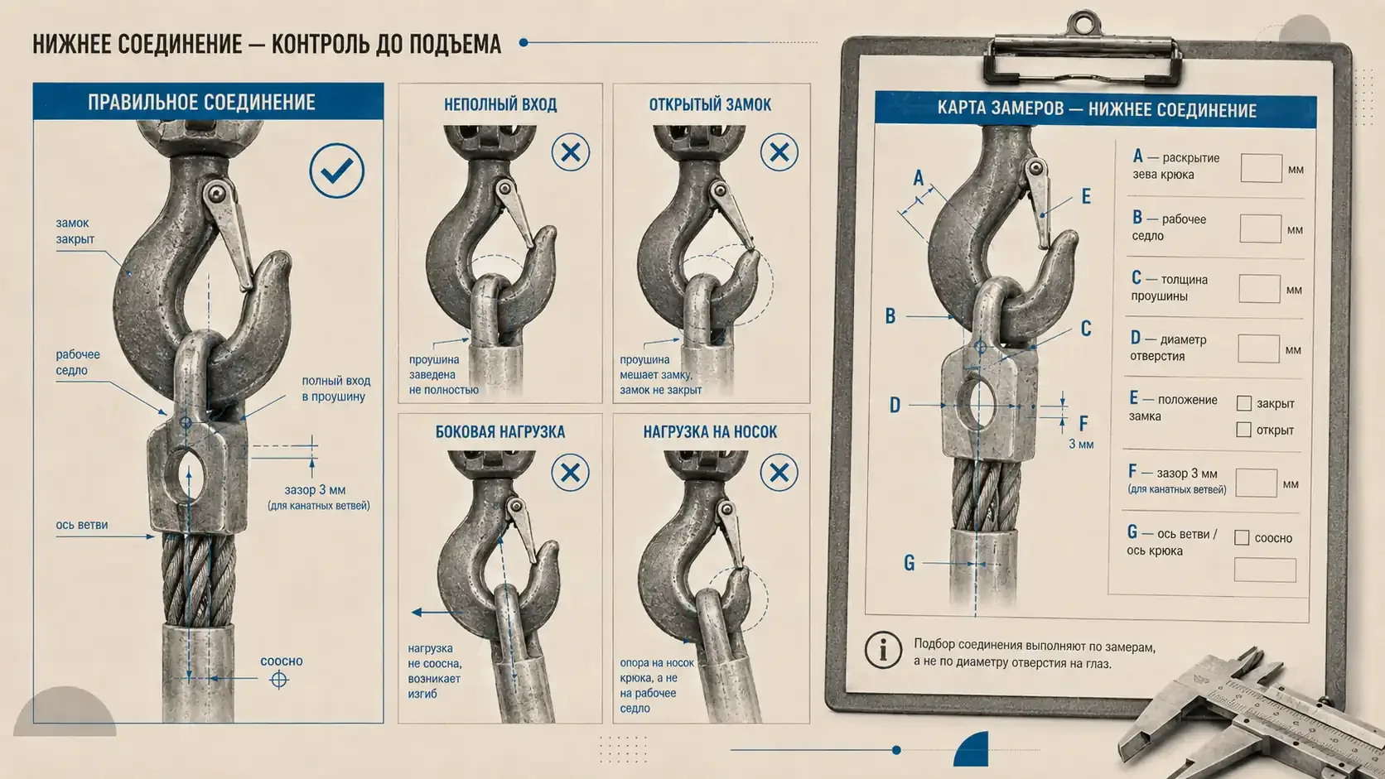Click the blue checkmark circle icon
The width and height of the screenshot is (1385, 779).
pos(337,171)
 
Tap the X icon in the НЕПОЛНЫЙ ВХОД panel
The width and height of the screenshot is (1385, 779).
pos(571,152)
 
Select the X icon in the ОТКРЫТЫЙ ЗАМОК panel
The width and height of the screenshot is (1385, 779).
pos(779,152)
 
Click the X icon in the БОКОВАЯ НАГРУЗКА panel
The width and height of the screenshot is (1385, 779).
pos(570,473)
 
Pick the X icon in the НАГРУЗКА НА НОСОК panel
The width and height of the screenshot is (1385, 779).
pos(779,473)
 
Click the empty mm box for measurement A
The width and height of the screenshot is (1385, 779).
pos(1262,168)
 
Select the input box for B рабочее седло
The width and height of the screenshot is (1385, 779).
pos(1260,228)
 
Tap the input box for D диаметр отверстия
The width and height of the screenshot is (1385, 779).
pos(1258,349)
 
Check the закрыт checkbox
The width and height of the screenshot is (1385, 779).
pos(1244,403)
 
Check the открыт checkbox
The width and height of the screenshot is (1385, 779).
pos(1243,430)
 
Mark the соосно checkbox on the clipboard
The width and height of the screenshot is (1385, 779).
pos(1242,537)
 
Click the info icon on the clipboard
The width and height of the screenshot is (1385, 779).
pos(883,650)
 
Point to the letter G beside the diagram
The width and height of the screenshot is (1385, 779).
pos(909,563)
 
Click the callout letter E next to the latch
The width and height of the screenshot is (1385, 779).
pos(1086,196)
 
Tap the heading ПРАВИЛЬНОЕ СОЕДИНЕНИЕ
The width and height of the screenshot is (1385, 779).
pos(201,102)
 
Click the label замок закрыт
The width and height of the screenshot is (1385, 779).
pos(75,231)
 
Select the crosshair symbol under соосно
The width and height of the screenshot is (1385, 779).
pos(279,680)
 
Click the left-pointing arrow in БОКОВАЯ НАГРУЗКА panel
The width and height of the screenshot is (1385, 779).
pos(437,613)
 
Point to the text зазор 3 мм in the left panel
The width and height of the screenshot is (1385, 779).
pos(315,490)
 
